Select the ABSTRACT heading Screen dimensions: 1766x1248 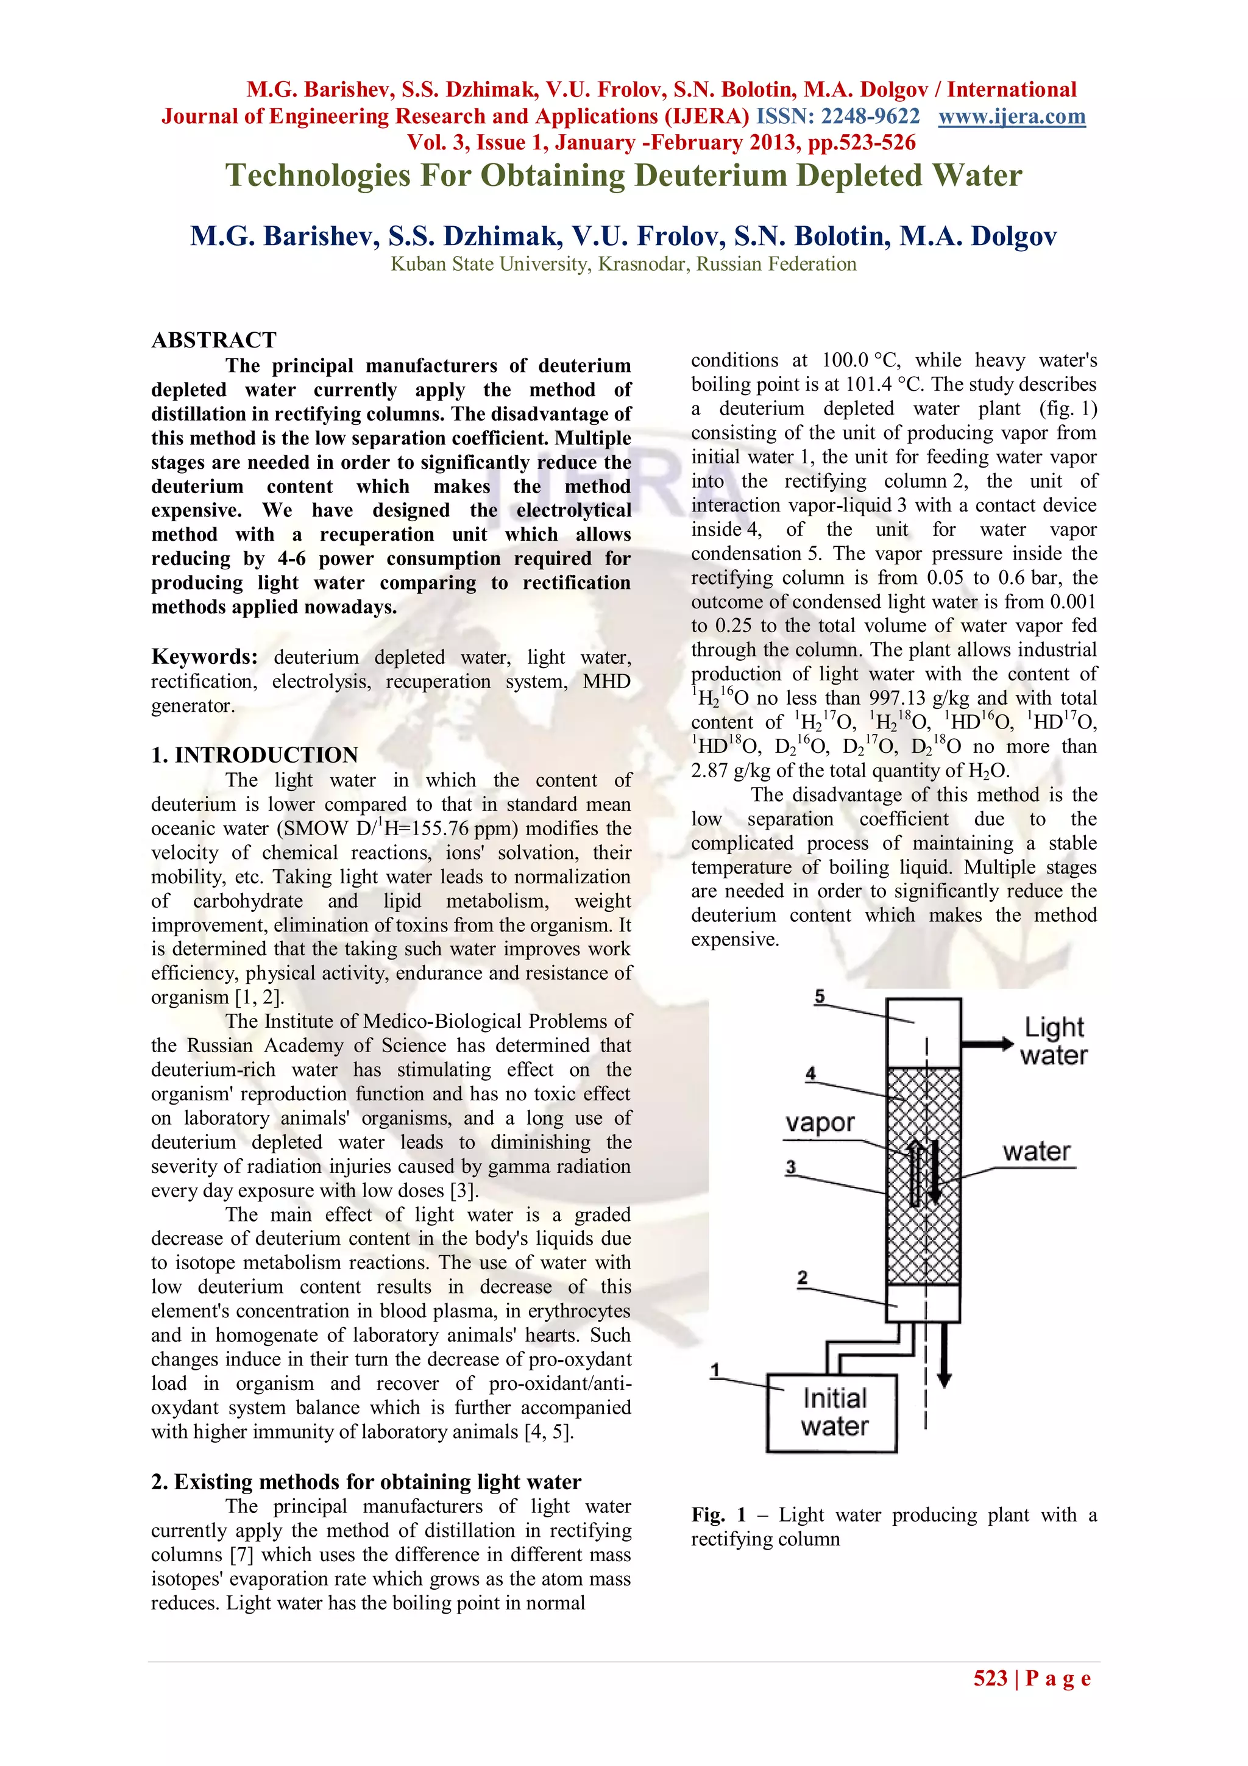click(x=214, y=340)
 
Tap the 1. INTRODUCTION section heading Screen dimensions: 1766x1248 click(x=255, y=755)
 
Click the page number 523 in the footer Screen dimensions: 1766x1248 click(x=990, y=1678)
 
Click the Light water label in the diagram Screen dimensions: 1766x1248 click(x=1054, y=1041)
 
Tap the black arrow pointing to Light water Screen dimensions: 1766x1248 click(x=987, y=1044)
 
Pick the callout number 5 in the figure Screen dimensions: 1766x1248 click(x=819, y=997)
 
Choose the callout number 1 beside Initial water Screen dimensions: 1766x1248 click(x=715, y=1370)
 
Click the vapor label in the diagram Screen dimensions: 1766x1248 click(x=819, y=1123)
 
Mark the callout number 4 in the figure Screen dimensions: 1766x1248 click(x=810, y=1073)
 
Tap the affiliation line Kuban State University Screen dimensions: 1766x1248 click(x=623, y=264)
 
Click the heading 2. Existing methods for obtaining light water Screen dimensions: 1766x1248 click(x=366, y=1481)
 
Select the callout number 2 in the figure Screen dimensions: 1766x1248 click(x=802, y=1278)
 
